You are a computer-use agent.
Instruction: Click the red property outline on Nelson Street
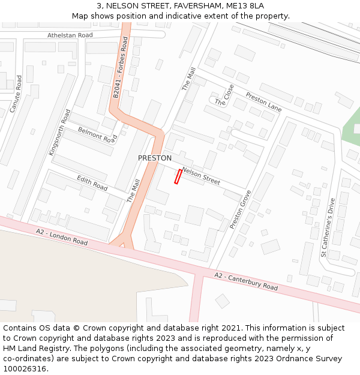pos(178,176)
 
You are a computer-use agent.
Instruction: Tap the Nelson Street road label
pos(201,176)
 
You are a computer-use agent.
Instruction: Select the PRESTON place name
pos(155,158)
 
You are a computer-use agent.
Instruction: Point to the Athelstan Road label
pos(70,35)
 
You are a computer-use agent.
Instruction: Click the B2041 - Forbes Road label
pos(121,68)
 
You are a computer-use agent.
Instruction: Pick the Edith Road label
pos(92,184)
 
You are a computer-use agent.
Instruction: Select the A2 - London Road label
pos(62,237)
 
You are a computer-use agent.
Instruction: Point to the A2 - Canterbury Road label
pos(247,281)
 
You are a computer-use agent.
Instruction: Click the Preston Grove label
pos(241,210)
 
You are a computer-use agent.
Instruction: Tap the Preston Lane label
pos(263,101)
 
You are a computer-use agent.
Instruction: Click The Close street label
pos(224,95)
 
